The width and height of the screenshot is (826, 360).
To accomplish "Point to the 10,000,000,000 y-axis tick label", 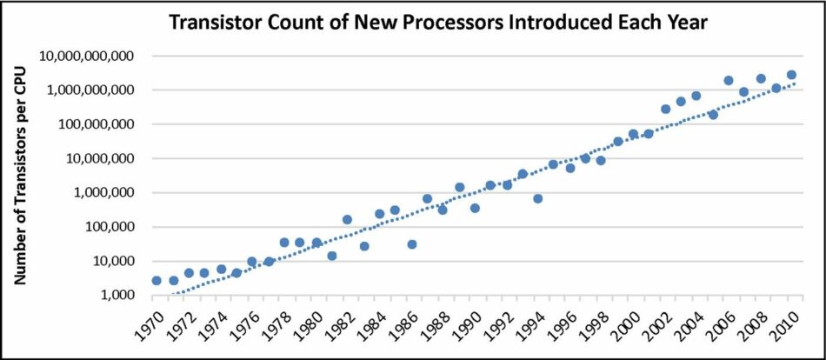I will [x=86, y=57].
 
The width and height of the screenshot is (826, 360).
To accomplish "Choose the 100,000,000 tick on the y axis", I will [x=93, y=124].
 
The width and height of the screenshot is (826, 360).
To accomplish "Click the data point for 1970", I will [x=157, y=280].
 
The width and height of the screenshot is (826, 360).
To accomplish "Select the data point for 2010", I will [x=791, y=75].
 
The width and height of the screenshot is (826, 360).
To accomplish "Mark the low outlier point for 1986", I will [x=411, y=244].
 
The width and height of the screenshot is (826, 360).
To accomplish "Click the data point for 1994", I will [x=538, y=198].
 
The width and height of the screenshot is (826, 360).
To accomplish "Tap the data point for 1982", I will [x=347, y=219].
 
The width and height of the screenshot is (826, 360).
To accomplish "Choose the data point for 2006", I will [x=728, y=80].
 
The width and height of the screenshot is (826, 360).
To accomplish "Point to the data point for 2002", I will [x=665, y=109].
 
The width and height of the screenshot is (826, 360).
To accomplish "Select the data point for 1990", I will [x=475, y=208].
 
